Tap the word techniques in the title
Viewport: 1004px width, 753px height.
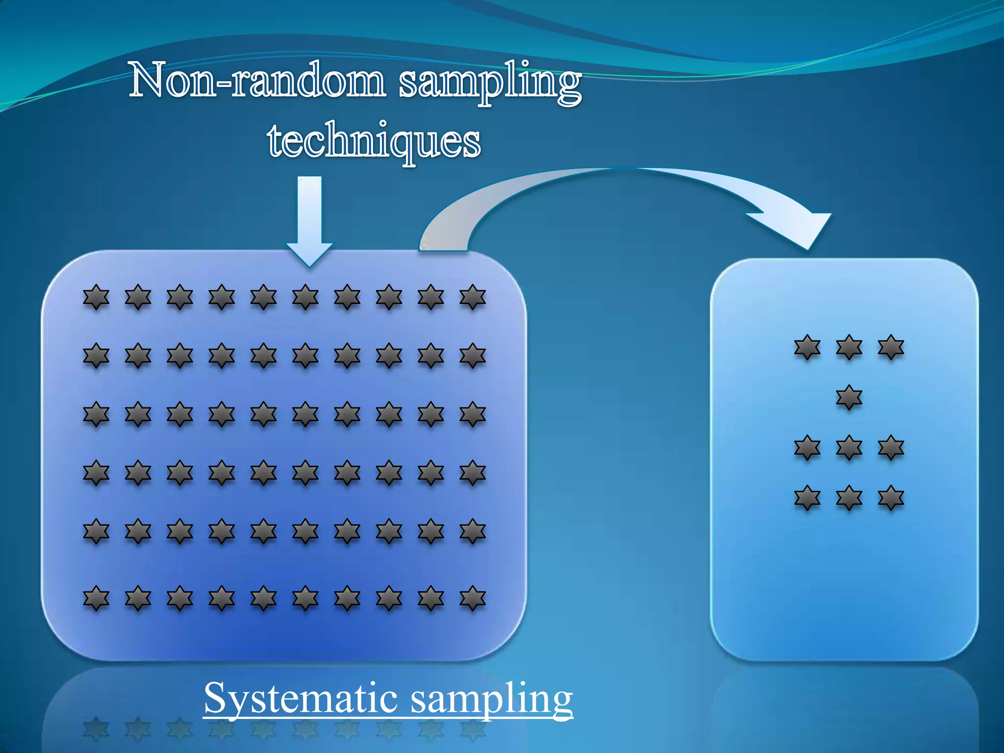point(374,141)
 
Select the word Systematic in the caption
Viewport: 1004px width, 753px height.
point(300,698)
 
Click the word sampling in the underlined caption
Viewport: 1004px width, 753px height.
point(491,698)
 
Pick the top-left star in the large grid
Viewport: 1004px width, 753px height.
point(96,297)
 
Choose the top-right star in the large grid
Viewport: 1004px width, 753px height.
point(473,297)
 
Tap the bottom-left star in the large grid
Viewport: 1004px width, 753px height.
point(96,598)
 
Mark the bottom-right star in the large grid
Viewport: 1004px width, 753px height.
point(473,598)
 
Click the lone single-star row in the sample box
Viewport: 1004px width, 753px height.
point(849,397)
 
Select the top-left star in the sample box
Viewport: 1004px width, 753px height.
point(807,348)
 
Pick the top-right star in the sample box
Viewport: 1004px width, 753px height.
point(891,348)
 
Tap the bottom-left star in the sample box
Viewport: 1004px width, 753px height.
point(807,498)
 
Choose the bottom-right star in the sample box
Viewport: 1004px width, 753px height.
point(891,498)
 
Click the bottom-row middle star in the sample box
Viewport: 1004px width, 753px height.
point(849,498)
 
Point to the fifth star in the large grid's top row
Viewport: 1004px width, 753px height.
point(264,297)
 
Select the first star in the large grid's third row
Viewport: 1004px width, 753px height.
point(96,414)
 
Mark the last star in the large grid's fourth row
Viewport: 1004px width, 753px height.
point(473,473)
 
